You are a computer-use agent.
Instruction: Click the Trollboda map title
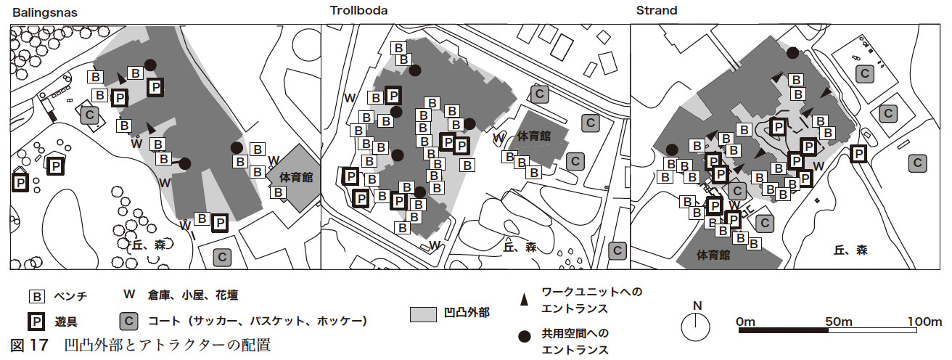(358, 11)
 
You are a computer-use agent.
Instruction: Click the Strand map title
(657, 11)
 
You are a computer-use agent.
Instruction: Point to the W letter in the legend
(129, 295)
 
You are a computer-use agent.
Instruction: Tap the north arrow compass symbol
(697, 327)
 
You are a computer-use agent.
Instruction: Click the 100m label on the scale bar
(924, 321)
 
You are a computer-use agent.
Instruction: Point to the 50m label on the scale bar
(837, 321)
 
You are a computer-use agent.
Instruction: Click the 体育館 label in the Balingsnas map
(297, 178)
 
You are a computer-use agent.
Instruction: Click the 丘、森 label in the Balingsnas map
(150, 245)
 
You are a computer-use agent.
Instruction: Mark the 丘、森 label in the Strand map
(850, 250)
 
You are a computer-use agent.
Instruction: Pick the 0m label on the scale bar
(746, 321)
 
